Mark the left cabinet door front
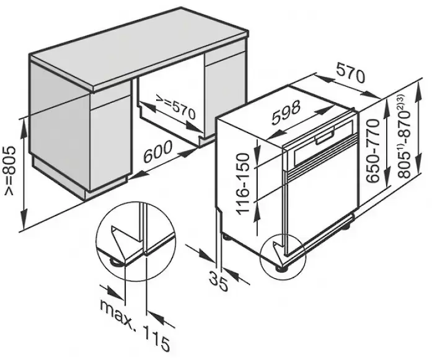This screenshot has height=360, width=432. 112,146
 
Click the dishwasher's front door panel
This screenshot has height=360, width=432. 319,198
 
